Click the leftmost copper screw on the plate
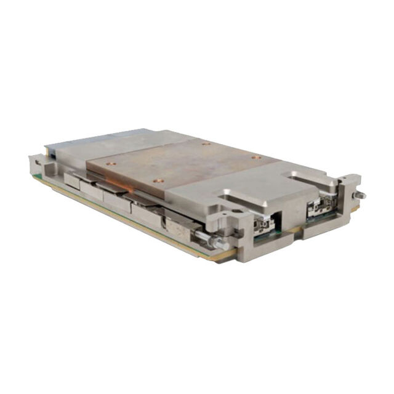tap(111, 164)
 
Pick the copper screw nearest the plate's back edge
tap(206, 143)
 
